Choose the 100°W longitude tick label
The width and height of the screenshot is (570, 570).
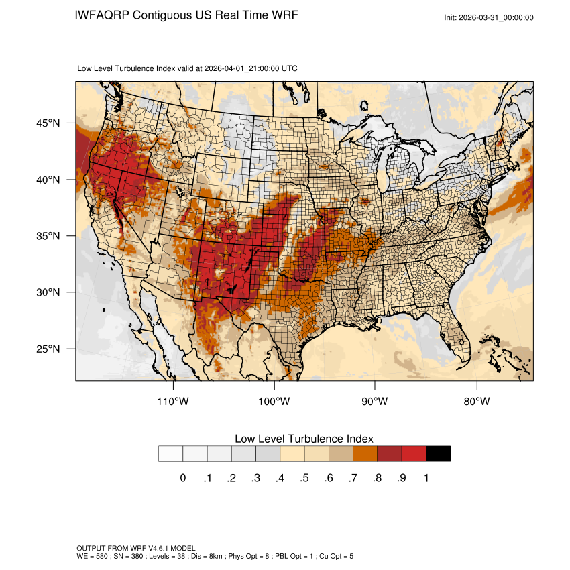pyautogui.click(x=274, y=402)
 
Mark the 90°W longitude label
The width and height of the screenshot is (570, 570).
pyautogui.click(x=375, y=402)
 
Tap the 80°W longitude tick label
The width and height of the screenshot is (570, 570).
pyautogui.click(x=476, y=402)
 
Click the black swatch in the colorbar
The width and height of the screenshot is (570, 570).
pyautogui.click(x=438, y=454)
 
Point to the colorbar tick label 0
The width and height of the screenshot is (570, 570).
pyautogui.click(x=182, y=478)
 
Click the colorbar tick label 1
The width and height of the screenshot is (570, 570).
pyautogui.click(x=426, y=478)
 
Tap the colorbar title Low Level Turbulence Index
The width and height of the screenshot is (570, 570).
pyautogui.click(x=304, y=439)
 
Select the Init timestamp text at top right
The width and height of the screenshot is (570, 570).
pyautogui.click(x=489, y=17)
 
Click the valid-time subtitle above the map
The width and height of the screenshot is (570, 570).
pyautogui.click(x=188, y=68)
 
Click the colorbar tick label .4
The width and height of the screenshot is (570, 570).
pyautogui.click(x=280, y=478)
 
